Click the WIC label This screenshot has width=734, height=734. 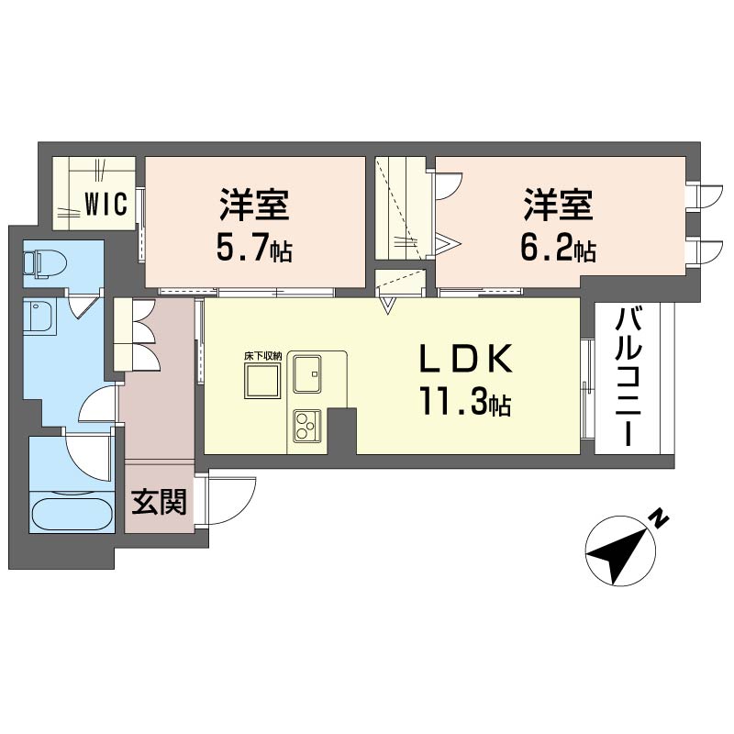point(106,204)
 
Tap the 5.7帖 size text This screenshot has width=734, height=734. point(254,248)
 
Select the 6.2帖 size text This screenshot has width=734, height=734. point(558,248)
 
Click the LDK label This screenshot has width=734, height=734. point(465,359)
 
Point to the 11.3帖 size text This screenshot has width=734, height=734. point(465,402)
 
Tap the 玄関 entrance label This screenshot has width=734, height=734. point(159,502)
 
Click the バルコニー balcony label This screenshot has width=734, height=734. point(628,377)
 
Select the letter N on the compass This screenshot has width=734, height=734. point(659,519)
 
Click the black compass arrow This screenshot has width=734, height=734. point(617,555)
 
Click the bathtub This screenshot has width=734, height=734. point(72,515)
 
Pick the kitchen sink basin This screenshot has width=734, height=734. point(307,373)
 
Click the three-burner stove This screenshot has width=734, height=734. point(307,426)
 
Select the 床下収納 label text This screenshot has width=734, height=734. point(262,356)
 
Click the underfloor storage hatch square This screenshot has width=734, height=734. point(262,381)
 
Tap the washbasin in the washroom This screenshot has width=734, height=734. point(40,317)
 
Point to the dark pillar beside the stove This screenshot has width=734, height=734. point(341,430)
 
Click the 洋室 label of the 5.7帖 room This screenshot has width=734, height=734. point(254,205)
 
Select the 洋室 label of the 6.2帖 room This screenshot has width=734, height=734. point(558,205)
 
